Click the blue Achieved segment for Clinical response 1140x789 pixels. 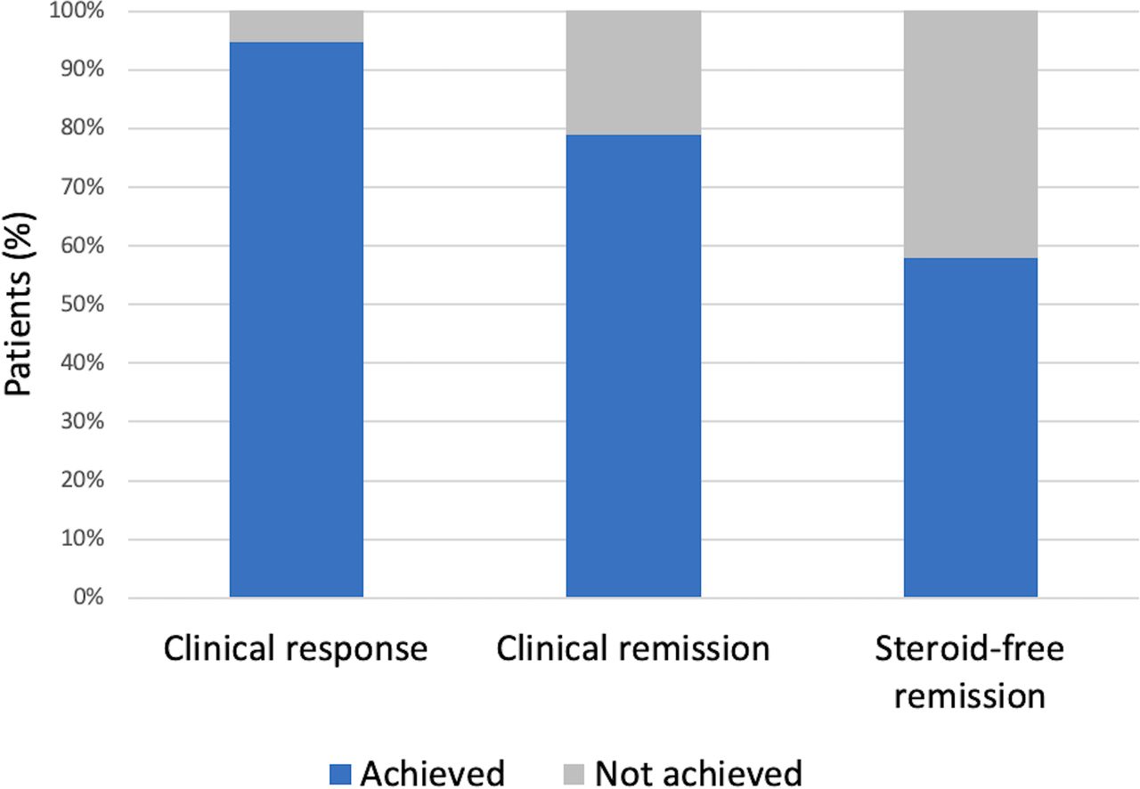(296, 321)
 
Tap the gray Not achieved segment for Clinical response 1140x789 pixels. (296, 27)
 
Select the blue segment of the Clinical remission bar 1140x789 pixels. (633, 365)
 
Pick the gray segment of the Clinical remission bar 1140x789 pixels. (633, 73)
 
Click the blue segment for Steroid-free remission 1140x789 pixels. (970, 427)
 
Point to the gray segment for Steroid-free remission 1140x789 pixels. (970, 134)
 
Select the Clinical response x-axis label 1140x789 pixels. (296, 649)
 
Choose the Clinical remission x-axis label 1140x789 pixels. (633, 649)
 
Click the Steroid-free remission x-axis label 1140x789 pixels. (970, 671)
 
